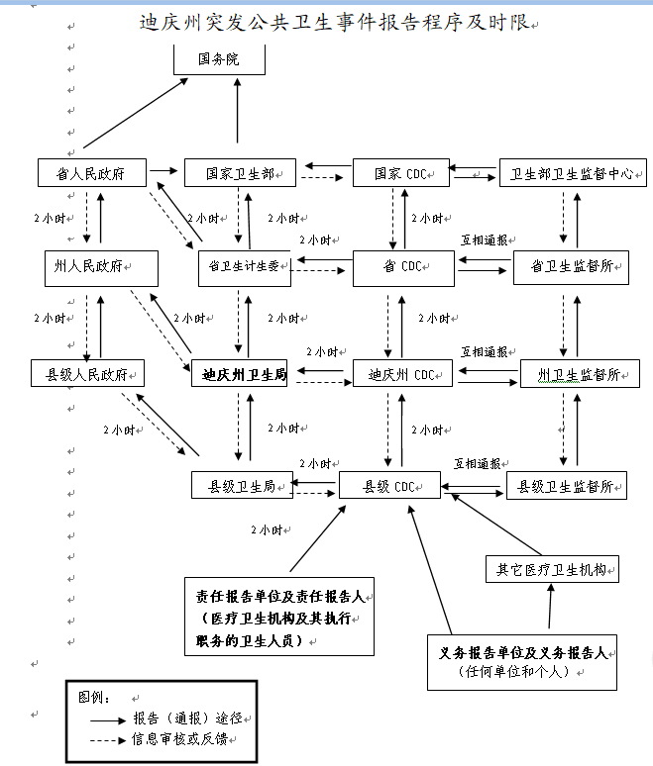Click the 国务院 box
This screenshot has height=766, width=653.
click(219, 59)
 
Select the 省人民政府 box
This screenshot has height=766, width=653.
click(91, 172)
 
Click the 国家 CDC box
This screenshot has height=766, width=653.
click(401, 173)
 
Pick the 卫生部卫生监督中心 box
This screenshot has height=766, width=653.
click(573, 173)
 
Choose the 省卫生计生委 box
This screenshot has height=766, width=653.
click(244, 267)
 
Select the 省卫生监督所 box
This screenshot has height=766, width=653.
click(571, 267)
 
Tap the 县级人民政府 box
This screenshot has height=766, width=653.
click(88, 375)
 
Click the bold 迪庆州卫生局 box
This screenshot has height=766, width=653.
click(245, 375)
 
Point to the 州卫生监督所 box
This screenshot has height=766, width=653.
click(580, 375)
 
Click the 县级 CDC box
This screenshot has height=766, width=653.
click(389, 485)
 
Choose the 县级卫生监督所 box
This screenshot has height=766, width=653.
click(567, 485)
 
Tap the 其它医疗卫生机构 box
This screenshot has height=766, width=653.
click(551, 569)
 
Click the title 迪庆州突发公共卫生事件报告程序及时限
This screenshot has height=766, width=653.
click(335, 21)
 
